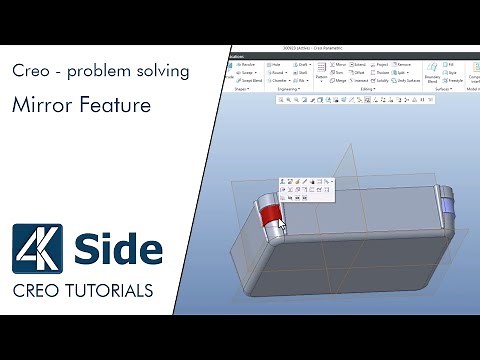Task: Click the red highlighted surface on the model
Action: tap(268, 216)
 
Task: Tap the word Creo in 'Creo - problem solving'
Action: tap(32, 72)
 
